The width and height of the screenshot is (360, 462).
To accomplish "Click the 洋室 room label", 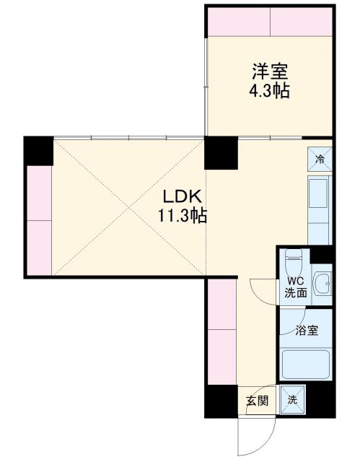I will pos(271,72).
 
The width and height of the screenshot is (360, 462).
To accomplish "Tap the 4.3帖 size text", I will pos(271,92).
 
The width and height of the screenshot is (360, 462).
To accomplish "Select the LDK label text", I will pos(184,196).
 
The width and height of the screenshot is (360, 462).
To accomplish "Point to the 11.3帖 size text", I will pos(184,215).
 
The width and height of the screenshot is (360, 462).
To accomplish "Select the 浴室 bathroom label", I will pos(306,331).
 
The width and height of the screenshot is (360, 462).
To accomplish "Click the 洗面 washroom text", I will pos(296,293).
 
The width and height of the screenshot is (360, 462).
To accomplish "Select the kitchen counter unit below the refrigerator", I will pos(319,209).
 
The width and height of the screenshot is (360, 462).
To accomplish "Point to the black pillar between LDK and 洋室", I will pos(221,152).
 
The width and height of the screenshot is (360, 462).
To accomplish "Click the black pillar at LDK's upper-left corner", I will pos(38,151).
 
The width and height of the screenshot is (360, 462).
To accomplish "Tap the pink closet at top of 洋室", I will pos(271,23).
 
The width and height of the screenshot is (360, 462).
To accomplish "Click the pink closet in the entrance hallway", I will pos(221,332).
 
